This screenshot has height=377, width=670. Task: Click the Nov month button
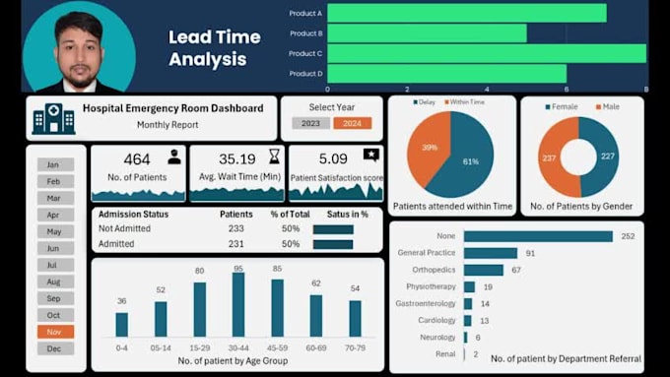[55, 332]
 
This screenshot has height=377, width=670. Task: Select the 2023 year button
[310, 123]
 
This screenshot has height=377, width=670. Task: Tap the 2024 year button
[352, 123]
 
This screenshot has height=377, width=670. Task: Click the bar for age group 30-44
[237, 305]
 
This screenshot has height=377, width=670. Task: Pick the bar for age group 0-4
[121, 325]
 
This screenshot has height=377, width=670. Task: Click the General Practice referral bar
[491, 253]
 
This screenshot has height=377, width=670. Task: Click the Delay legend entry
[425, 101]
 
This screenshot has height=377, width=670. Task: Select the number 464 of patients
[137, 158]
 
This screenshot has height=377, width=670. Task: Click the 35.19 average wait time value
[236, 158]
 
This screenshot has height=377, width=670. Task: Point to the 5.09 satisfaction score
[333, 157]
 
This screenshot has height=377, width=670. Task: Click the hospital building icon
[53, 118]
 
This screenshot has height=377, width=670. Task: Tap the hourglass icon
[274, 157]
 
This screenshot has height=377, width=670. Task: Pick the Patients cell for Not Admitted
[235, 228]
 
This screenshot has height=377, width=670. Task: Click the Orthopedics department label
[434, 270]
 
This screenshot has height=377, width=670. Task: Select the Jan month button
[55, 164]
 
